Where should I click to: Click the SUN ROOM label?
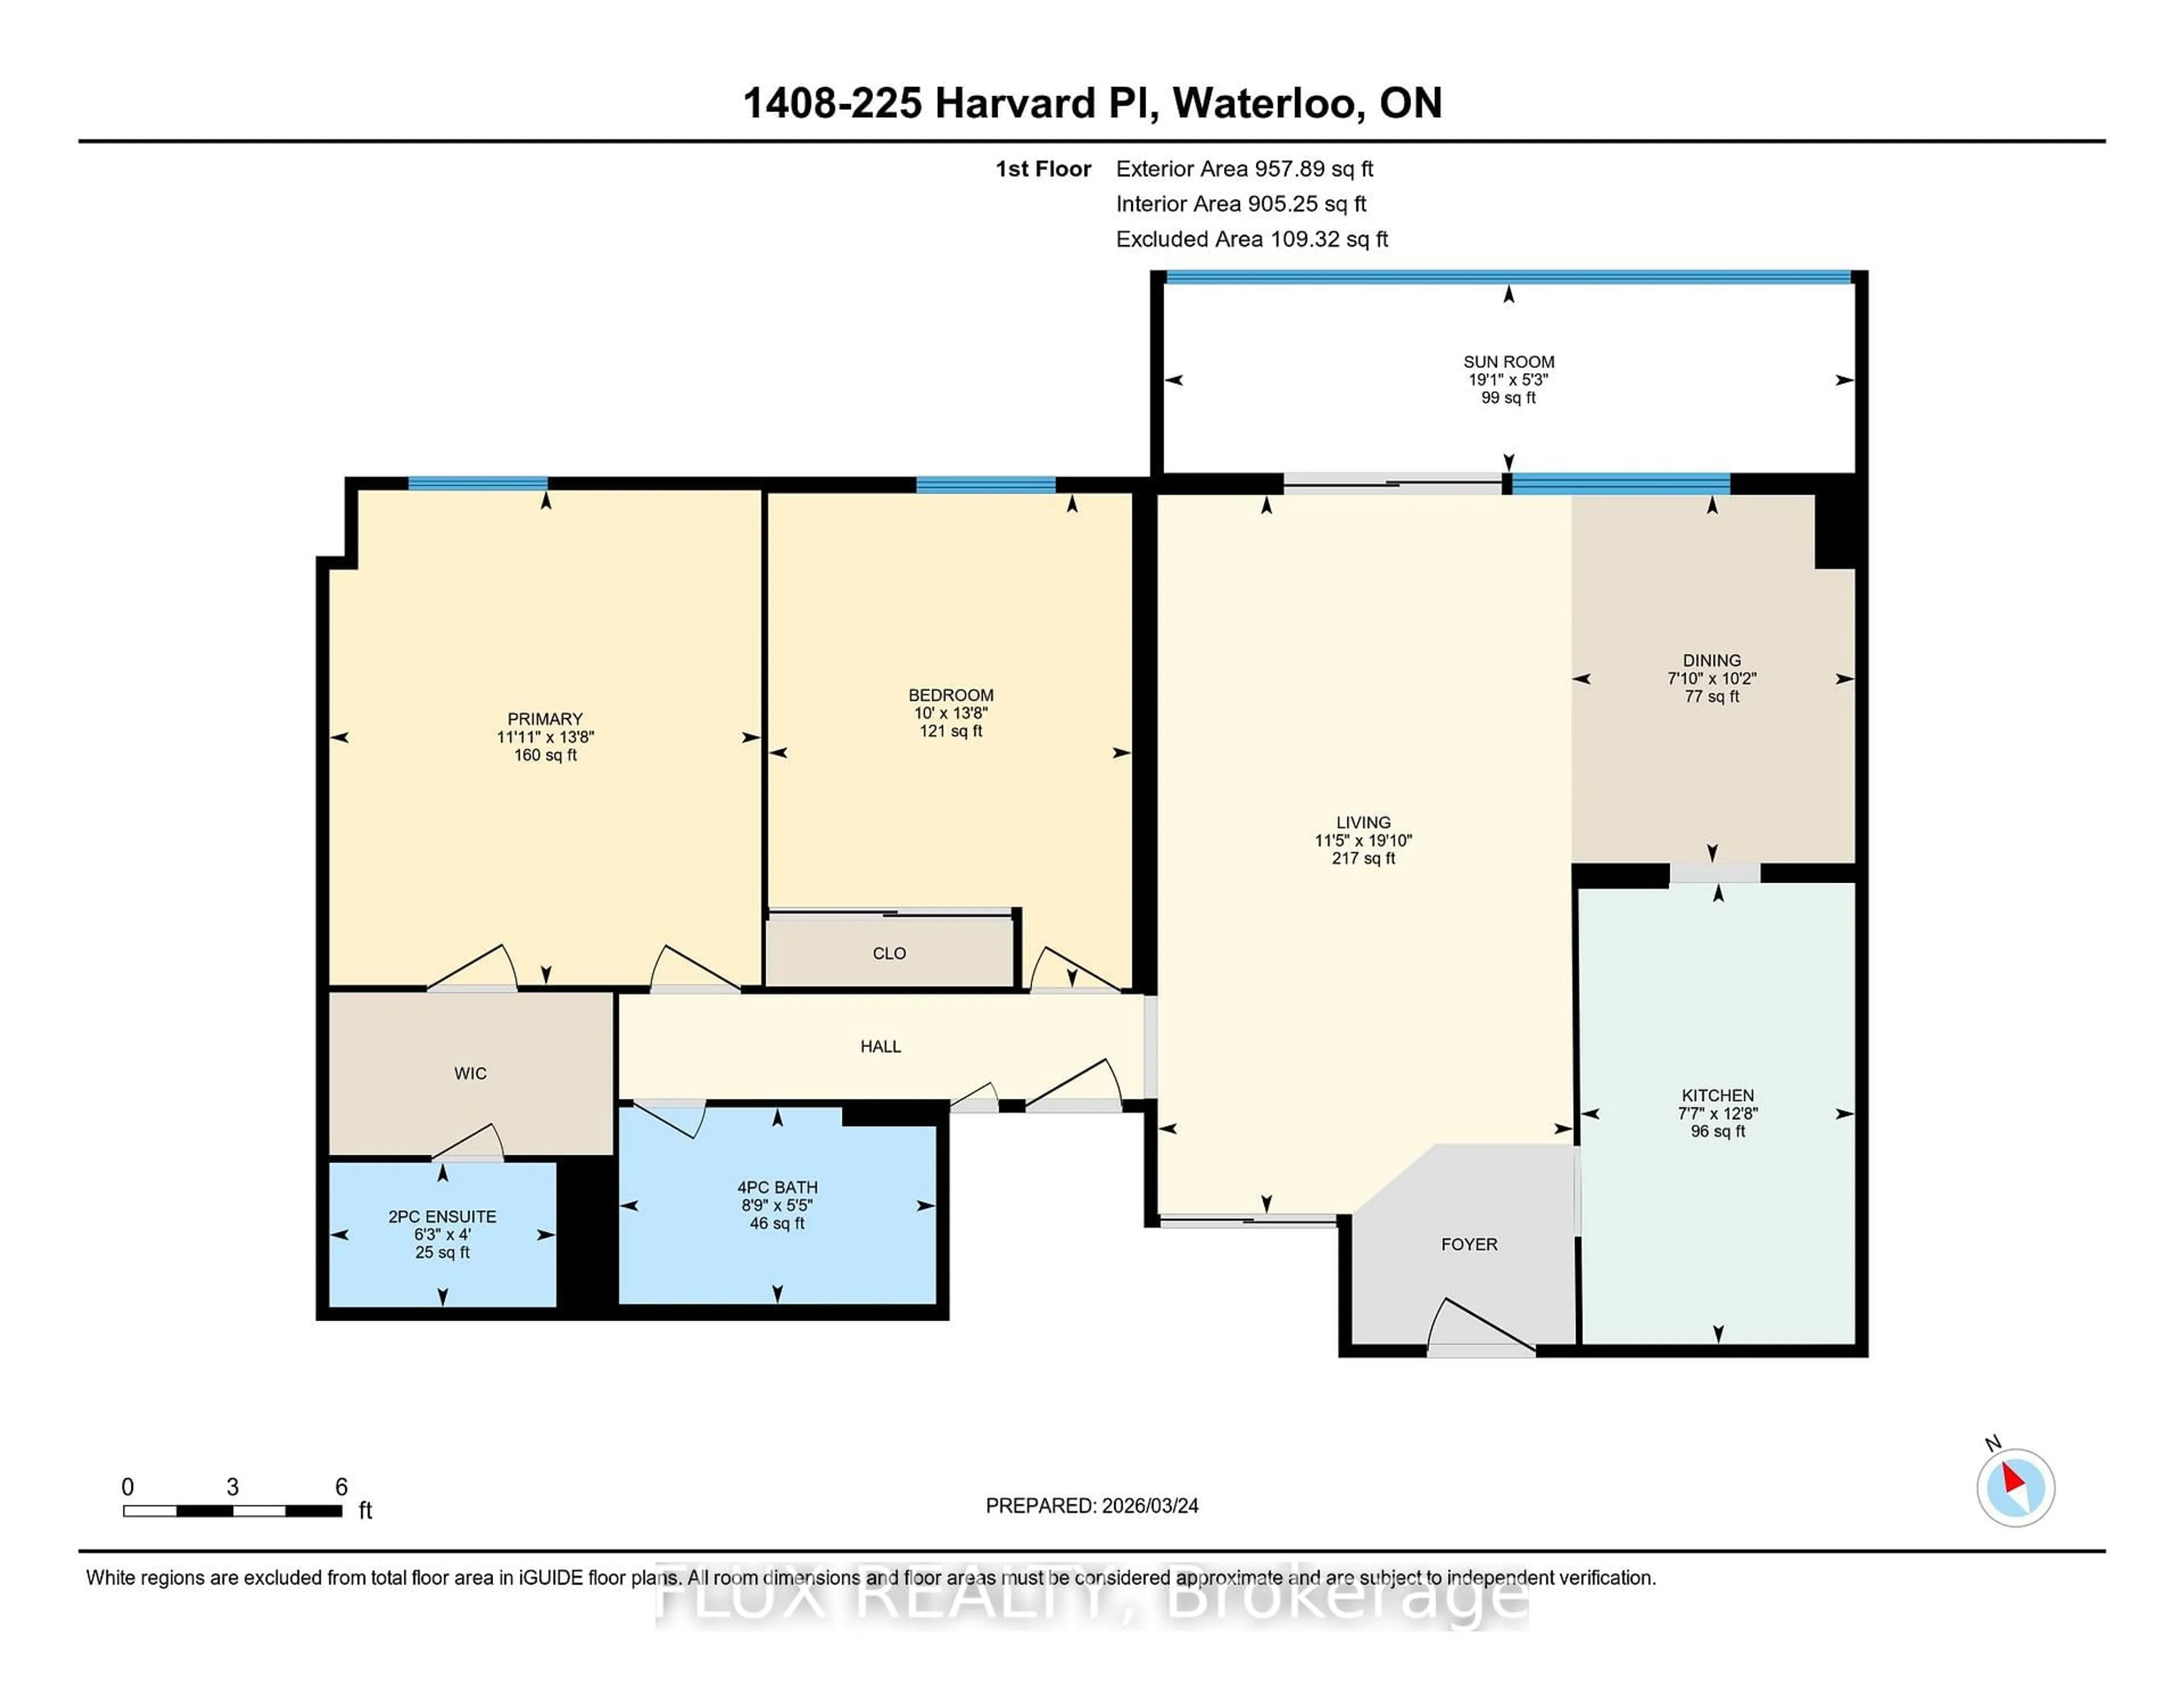[x=1508, y=362]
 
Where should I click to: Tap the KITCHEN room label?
[x=1717, y=1095]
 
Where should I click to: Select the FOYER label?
[x=1469, y=1244]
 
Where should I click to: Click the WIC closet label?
[x=470, y=1073]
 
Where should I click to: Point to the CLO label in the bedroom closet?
[x=889, y=953]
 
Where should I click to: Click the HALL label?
[x=880, y=1046]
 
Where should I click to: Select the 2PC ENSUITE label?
[x=442, y=1216]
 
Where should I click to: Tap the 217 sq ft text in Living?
[x=1363, y=858]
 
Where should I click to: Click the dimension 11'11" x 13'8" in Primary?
[x=545, y=737]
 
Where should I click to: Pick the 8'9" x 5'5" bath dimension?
[x=777, y=1205]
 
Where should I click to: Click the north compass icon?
[x=2015, y=1487]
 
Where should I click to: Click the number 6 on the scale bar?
[x=341, y=1487]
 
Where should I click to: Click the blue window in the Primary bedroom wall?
[x=478, y=484]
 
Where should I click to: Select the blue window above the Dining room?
[x=1620, y=484]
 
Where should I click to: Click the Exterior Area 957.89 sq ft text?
[x=1244, y=169]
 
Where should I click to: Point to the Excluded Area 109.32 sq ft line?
[x=1251, y=239]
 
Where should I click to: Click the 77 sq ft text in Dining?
[x=1711, y=696]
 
